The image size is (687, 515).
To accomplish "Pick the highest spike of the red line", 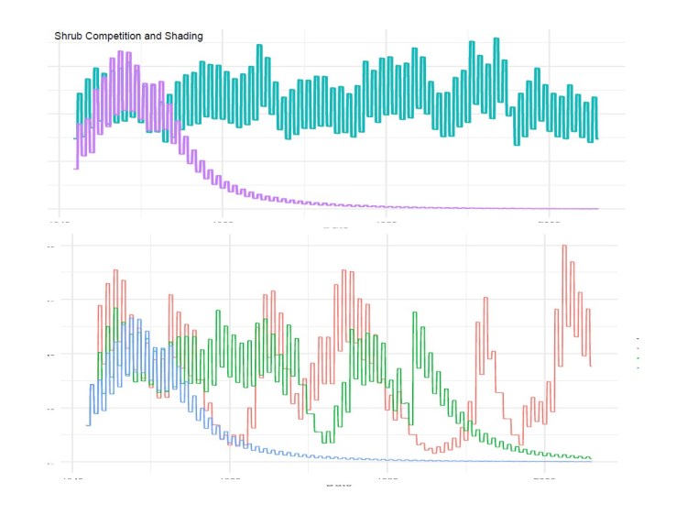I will [x=563, y=246].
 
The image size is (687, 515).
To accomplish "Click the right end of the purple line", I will [x=597, y=209].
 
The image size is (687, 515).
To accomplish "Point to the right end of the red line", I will [x=591, y=366].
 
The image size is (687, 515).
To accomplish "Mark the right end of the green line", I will [x=591, y=458].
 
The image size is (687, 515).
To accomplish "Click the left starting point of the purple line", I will [x=74, y=169].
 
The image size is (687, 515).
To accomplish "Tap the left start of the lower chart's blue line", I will [x=88, y=424].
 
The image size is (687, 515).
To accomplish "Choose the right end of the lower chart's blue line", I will [x=591, y=461].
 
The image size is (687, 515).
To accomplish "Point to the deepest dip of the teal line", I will [x=516, y=144].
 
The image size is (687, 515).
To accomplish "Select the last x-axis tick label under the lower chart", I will [x=545, y=478].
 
